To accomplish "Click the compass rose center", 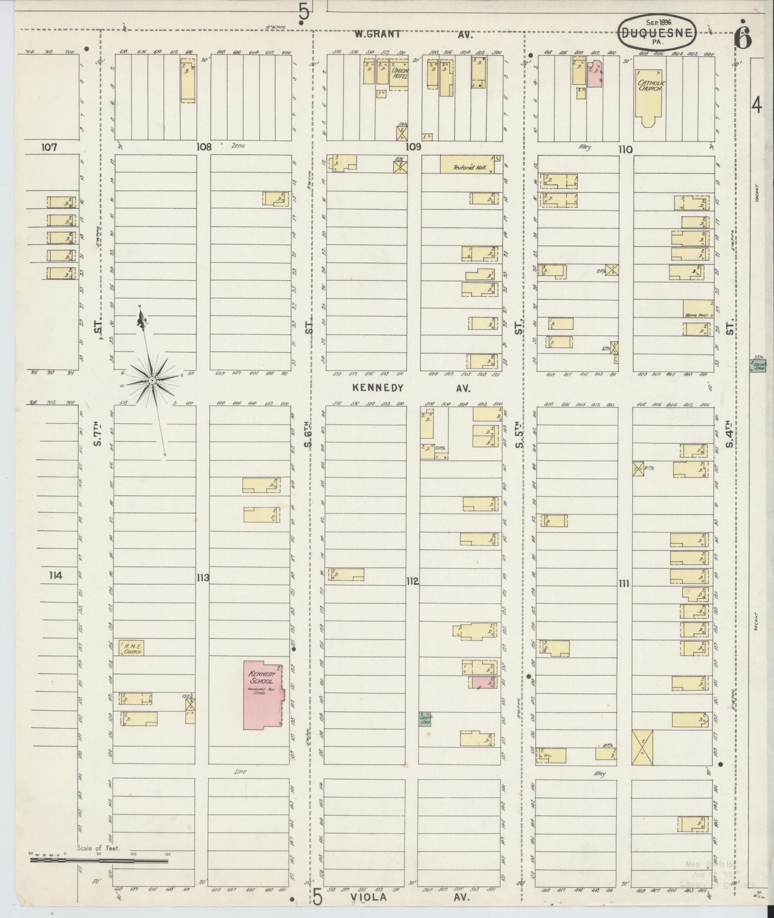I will click(x=152, y=380).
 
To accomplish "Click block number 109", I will click(x=413, y=147).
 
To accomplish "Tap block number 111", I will click(x=623, y=584).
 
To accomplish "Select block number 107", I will click(x=49, y=147).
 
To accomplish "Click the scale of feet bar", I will click(x=99, y=861).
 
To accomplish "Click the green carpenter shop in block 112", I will click(x=425, y=719).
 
